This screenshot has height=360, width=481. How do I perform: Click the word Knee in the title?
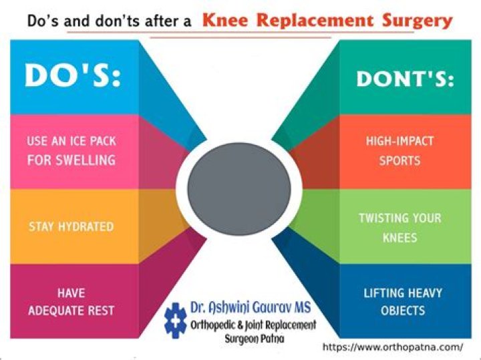click(225, 21)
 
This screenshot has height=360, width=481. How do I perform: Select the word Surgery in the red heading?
click(418, 21)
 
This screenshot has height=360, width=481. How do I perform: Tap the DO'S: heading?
click(73, 75)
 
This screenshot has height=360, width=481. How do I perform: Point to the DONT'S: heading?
click(405, 79)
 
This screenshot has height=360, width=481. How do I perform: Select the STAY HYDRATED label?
click(71, 226)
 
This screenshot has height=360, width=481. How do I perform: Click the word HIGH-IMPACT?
click(399, 141)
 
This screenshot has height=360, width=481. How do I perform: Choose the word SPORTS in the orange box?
click(399, 161)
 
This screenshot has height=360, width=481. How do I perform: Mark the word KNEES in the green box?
click(399, 238)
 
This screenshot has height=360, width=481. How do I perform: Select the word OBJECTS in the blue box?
click(403, 311)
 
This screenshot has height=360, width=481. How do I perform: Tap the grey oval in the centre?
click(239, 189)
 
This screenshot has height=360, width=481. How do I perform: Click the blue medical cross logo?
click(175, 321)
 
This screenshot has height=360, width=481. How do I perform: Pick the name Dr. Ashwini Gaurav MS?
click(251, 307)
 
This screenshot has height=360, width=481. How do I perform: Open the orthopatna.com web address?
click(393, 347)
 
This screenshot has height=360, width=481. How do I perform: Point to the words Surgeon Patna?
click(255, 339)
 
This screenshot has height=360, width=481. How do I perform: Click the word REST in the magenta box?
click(101, 311)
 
